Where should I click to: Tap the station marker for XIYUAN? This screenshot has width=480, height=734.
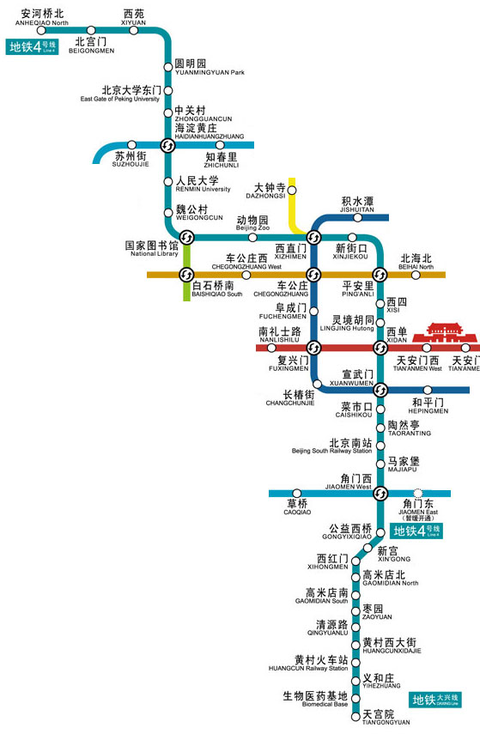(134, 30)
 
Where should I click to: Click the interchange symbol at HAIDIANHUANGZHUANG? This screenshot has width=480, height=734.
(168, 145)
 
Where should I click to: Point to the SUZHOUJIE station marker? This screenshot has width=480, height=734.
(131, 145)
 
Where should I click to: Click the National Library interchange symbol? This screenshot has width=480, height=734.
(186, 237)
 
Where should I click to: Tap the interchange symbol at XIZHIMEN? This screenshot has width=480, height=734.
(313, 237)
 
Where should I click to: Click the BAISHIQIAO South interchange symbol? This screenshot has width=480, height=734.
(186, 275)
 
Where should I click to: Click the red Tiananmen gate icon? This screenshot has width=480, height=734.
(439, 333)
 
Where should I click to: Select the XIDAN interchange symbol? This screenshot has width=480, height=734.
(380, 348)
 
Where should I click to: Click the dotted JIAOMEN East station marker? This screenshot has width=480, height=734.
(418, 493)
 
